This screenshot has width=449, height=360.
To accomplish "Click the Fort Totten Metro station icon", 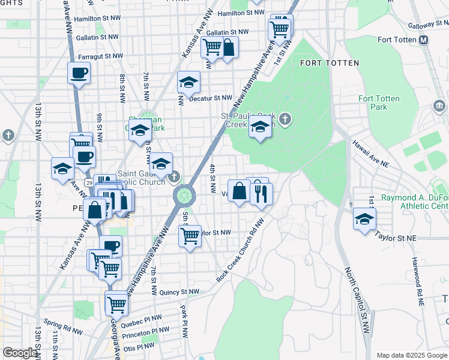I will point(424,40).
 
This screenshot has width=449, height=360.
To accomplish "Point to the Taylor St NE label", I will point(395,236).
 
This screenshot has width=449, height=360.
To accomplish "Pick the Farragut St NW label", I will point(101,56).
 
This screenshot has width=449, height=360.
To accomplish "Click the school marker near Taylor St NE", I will point(364,219).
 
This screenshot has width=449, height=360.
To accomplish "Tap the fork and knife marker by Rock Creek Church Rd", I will point(261,194).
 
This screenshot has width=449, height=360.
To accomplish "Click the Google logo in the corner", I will point(20,352).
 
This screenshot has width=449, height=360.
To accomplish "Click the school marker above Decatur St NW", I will point(188,83).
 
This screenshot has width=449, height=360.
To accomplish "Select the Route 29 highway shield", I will point(89,181).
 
